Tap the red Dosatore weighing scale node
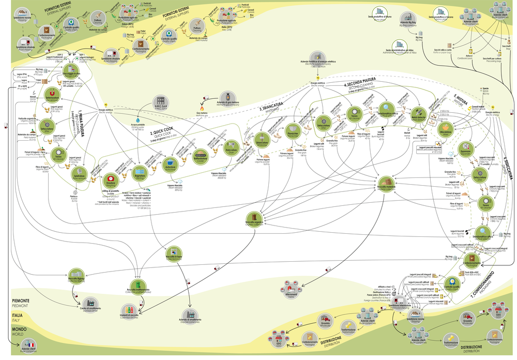(110, 178)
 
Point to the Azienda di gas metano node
(226, 97)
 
